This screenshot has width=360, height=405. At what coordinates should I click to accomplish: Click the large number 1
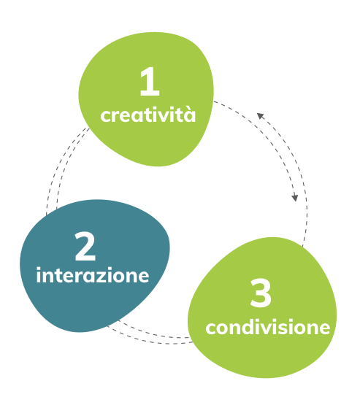[x=150, y=81]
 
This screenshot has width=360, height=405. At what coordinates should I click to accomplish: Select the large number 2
[x=85, y=246]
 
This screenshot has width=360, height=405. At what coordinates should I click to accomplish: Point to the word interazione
[x=93, y=275]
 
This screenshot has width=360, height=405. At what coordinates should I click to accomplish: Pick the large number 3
[x=261, y=293]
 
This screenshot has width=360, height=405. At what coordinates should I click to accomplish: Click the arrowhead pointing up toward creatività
[x=260, y=116]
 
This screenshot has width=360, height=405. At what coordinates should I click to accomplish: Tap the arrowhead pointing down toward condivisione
[x=295, y=198]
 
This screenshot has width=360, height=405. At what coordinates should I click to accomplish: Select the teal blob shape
[x=95, y=266]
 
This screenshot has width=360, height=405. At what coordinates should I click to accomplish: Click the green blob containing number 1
[x=146, y=99]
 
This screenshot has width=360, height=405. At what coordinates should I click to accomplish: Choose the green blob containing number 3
[x=262, y=307]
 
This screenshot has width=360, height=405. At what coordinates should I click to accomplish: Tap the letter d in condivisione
[x=247, y=327]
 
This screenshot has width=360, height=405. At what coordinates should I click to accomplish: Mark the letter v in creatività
[x=168, y=116]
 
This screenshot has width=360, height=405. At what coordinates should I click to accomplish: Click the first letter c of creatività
[x=105, y=116]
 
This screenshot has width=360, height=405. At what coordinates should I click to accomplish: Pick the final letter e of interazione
[x=143, y=277]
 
